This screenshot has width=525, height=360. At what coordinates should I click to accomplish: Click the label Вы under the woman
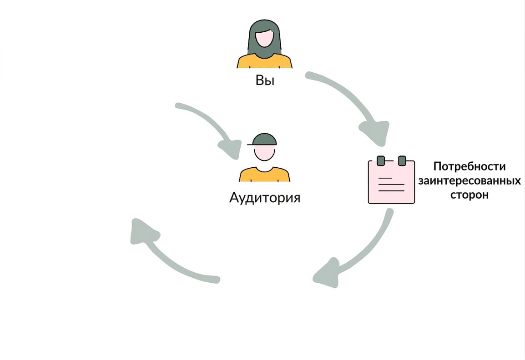tap(265, 80)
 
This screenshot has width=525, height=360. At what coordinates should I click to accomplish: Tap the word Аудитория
tap(264, 198)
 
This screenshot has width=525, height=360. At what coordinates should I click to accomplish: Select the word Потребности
tap(469, 166)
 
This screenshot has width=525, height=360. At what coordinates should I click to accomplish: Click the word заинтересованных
tap(469, 180)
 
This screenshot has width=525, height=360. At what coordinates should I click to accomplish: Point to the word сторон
tap(469, 195)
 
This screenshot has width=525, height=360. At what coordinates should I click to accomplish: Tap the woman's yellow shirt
tap(264, 61)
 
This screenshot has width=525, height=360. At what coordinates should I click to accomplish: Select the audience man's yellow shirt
tap(264, 174)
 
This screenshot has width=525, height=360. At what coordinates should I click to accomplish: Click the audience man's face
tap(264, 153)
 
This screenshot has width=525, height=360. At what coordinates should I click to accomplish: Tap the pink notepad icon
tap(391, 181)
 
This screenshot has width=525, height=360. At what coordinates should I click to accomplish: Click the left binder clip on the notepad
tap(381, 160)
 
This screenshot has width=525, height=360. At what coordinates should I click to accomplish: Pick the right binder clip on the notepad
tap(402, 160)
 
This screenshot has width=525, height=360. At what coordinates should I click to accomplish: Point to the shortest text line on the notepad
tap(385, 178)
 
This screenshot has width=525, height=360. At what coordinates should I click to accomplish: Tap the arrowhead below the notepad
tap(327, 273)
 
